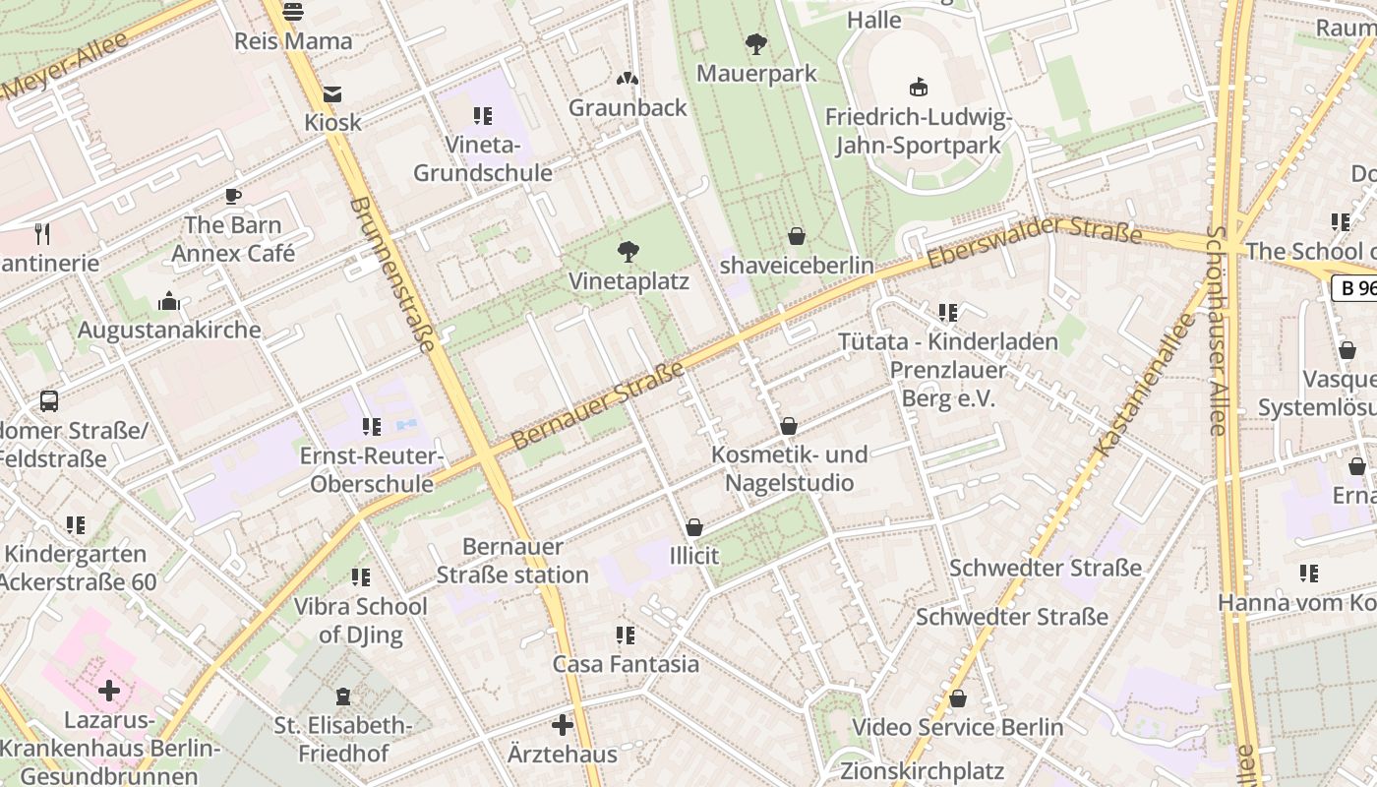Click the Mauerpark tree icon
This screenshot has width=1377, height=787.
(756, 44)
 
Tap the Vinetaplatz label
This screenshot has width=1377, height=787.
(629, 281)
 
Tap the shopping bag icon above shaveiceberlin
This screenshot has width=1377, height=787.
(797, 237)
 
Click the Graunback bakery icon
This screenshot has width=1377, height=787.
(628, 79)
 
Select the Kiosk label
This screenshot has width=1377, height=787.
(332, 123)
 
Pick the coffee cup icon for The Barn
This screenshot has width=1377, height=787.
(233, 197)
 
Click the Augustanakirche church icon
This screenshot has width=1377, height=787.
(169, 301)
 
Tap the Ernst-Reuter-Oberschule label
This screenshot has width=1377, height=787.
(372, 470)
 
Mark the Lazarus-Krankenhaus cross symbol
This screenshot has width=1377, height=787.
(109, 691)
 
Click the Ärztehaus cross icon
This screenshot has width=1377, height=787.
(563, 726)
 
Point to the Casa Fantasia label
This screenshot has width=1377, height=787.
(626, 664)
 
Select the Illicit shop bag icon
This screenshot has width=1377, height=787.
(694, 528)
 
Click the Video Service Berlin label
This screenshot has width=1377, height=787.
(957, 728)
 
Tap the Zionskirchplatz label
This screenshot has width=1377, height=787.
(922, 770)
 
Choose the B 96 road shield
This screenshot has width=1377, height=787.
(1355, 288)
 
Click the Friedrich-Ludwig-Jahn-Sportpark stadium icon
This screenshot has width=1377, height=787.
(919, 88)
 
